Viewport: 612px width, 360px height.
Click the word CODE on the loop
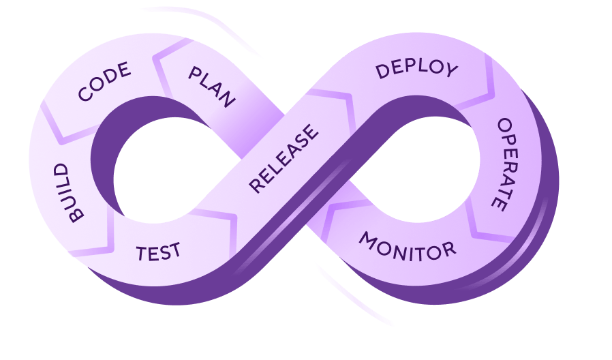point(104,81)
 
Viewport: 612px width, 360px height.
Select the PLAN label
point(212,87)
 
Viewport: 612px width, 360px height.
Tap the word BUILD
point(69,193)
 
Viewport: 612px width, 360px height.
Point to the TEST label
point(159,252)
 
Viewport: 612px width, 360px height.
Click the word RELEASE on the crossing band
point(284,159)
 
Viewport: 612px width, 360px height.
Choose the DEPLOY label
point(416,69)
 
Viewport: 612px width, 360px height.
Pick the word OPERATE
point(506,164)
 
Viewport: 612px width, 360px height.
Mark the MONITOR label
point(407,247)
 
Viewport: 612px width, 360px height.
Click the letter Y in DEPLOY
point(452,70)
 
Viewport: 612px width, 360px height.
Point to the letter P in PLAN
point(195,73)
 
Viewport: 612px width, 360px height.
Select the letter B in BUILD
point(76,215)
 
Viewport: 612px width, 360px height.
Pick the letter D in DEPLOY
point(382,72)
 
